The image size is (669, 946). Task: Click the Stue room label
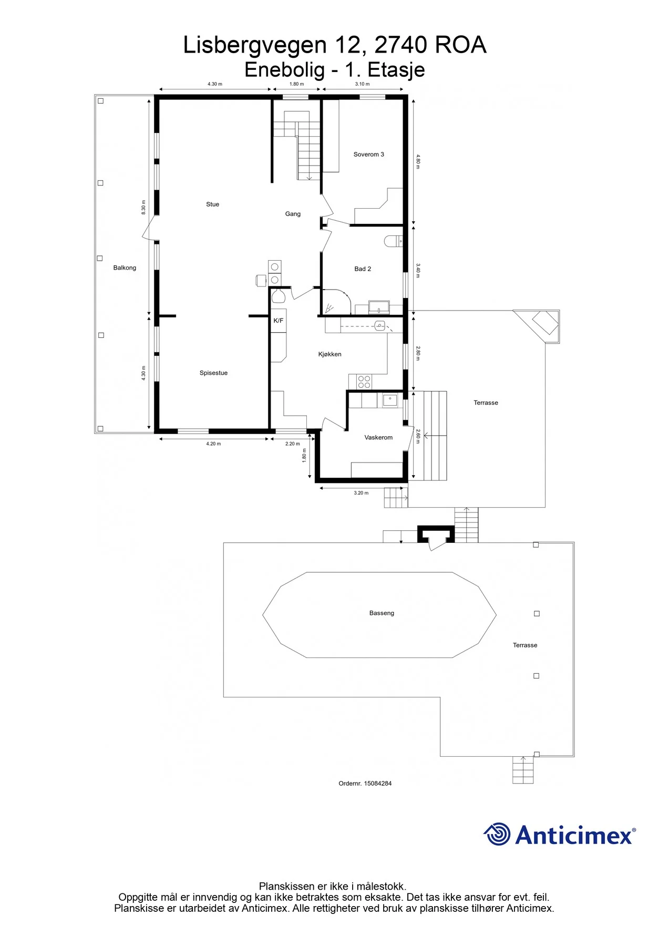212,204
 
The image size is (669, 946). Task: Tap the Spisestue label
213,373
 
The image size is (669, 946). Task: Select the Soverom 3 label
368,155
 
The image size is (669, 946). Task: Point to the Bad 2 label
363,269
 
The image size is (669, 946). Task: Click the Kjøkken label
330,354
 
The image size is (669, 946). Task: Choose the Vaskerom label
378,437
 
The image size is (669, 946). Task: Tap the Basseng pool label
382,613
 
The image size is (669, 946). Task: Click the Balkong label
125,268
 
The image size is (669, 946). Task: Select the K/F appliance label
278,321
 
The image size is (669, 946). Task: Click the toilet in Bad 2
393,241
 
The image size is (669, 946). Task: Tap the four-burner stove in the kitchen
364,382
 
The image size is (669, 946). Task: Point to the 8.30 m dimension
143,207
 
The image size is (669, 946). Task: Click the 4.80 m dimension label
418,161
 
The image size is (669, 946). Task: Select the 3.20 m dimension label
361,493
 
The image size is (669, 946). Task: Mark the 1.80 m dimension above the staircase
296,84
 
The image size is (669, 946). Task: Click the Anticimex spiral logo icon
497,834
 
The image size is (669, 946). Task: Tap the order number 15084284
378,783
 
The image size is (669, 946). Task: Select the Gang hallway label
293,214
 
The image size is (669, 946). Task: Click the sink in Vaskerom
390,400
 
